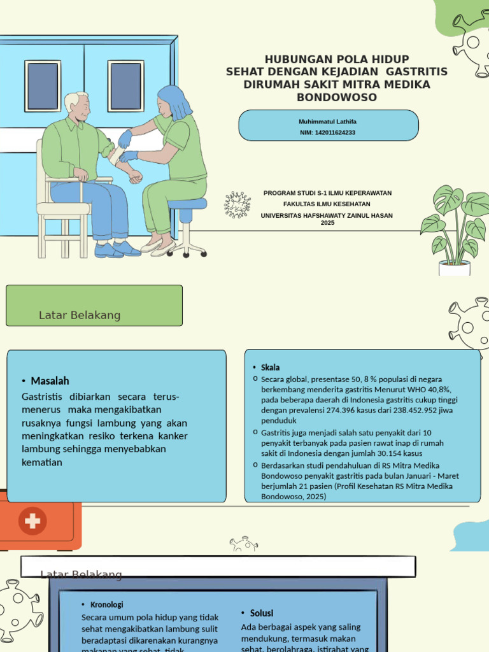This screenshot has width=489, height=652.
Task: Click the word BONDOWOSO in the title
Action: [336, 97]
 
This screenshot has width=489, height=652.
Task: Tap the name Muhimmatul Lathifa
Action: [328, 121]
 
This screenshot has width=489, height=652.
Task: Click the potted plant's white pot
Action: [454, 268]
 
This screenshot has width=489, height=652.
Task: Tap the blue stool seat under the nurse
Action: [188, 204]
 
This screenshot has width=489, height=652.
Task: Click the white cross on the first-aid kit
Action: [32, 521]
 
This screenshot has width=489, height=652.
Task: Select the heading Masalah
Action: [50, 381]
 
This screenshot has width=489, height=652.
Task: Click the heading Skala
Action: [270, 367]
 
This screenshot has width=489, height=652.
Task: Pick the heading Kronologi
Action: [106, 604]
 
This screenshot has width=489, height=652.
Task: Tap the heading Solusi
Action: [261, 613]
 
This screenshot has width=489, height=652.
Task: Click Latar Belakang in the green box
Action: [80, 315]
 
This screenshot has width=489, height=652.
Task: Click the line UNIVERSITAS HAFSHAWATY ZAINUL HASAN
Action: [327, 215]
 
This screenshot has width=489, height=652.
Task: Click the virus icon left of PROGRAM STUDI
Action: [237, 204]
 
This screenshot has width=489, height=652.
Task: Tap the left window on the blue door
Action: [43, 86]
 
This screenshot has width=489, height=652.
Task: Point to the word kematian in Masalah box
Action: [42, 462]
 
